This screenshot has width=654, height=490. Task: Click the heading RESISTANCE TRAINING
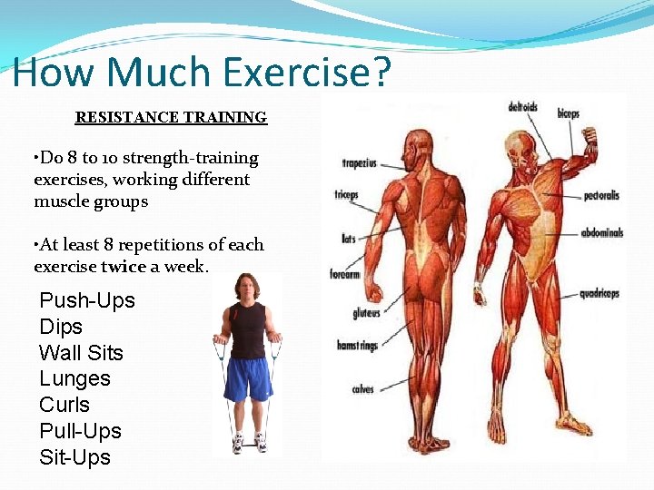click(171, 117)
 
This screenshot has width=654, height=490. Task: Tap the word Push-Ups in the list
click(87, 300)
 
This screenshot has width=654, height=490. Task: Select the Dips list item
click(61, 327)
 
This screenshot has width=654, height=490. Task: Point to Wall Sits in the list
click(81, 353)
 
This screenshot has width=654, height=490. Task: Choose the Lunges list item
click(74, 378)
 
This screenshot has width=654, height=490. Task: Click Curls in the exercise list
click(64, 405)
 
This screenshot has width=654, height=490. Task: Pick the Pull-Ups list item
click(80, 431)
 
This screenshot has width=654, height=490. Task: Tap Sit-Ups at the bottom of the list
click(74, 457)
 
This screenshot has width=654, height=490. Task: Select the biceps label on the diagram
click(568, 114)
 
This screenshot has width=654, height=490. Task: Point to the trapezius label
click(361, 164)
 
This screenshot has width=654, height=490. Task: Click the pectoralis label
click(601, 194)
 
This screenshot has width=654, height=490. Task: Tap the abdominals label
click(602, 232)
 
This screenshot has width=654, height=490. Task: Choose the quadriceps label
click(601, 293)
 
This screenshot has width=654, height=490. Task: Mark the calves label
click(362, 389)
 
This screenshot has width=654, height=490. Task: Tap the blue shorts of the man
click(247, 377)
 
